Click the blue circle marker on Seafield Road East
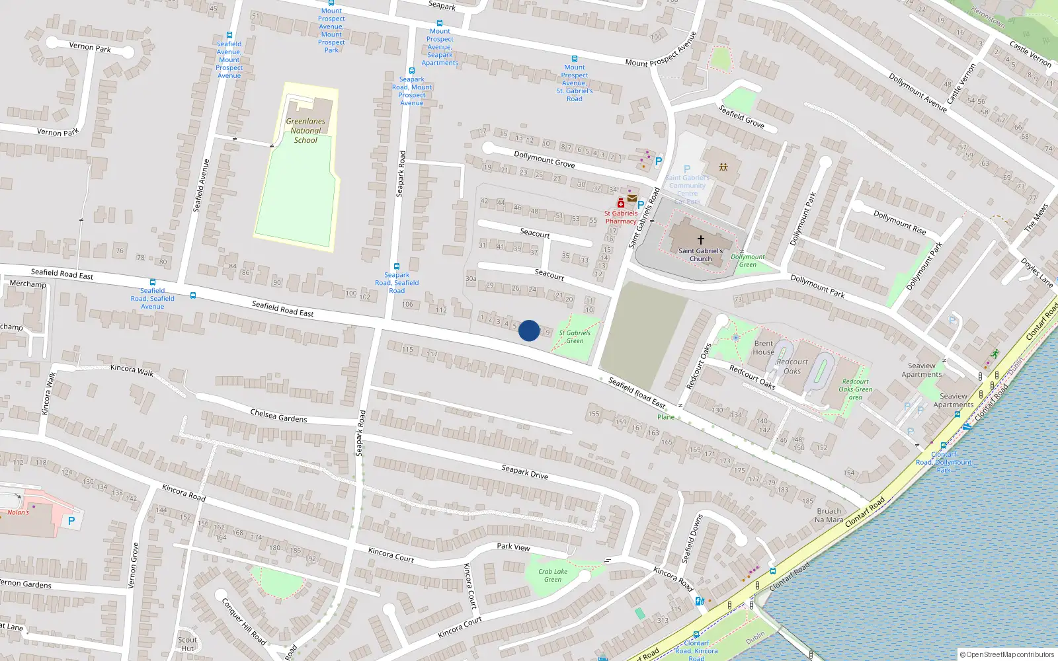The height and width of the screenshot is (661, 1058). pos(528,330)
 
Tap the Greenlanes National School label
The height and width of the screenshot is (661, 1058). pos(305,130)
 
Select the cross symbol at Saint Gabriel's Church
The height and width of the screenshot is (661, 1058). pos(701,239)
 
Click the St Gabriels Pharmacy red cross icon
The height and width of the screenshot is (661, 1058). pos(621,203)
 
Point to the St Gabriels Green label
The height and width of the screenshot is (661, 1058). pos(575,337)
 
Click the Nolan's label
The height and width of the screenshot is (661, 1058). pos(19,512)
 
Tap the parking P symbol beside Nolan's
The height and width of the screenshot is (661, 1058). pos(71,521)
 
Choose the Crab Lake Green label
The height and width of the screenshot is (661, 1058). pos(553,575)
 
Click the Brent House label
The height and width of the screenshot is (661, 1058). pos(763,348)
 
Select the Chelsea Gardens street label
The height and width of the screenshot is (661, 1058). pos(278,416)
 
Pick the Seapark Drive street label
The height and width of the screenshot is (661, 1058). pos(524,471)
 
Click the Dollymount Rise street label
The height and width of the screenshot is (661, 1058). pos(899,223)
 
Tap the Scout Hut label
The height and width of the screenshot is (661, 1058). pos(187,644)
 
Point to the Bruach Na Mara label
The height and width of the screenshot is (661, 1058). pos(829,516)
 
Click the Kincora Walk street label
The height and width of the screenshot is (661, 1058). pos(132,369)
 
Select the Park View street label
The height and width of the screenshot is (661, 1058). pos(513,547)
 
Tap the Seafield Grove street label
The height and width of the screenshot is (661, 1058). pos(741,116)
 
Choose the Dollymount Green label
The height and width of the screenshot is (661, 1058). pos(748,260)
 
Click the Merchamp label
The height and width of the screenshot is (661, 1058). pos(28,284)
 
